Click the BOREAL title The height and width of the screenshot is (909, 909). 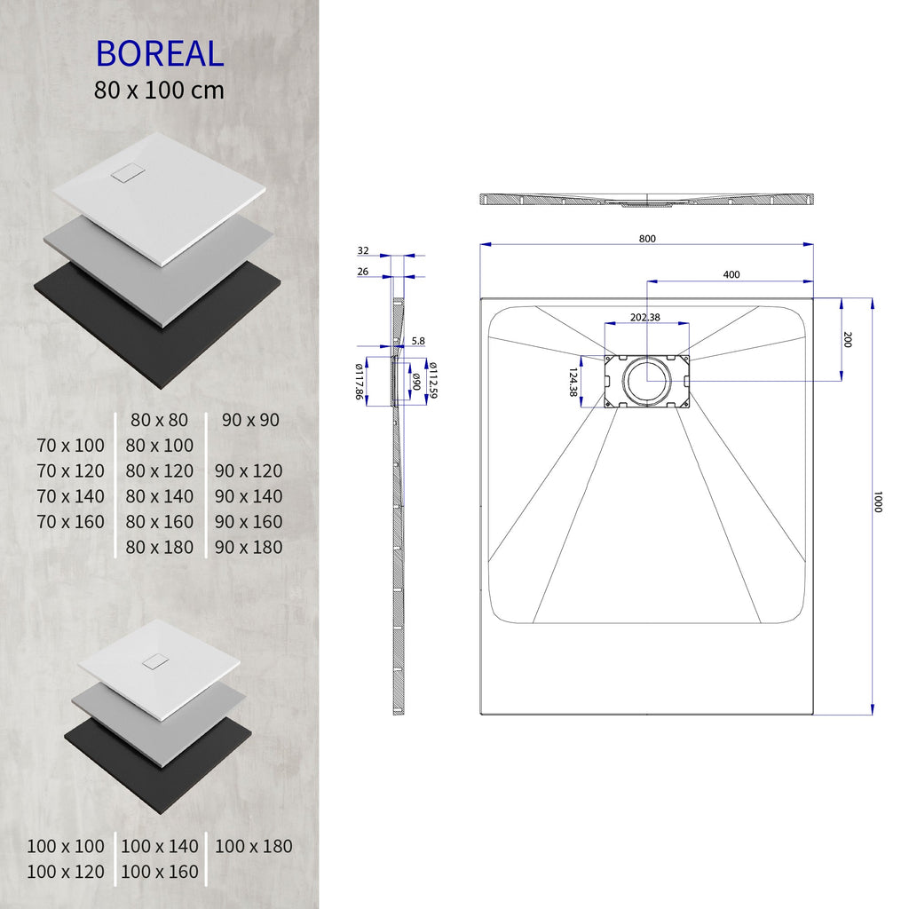[160, 53]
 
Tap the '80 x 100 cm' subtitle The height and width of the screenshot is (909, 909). [160, 90]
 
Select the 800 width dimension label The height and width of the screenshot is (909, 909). [647, 238]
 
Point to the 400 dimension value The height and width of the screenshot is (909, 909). [731, 274]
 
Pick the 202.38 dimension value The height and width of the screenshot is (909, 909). [645, 317]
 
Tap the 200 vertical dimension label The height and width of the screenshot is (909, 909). [848, 339]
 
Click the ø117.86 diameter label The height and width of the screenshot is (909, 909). [360, 382]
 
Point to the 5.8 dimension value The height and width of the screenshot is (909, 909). [419, 341]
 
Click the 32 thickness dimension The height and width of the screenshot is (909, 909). [363, 251]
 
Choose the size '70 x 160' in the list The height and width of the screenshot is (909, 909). [70, 521]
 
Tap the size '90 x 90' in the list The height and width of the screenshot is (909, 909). [250, 419]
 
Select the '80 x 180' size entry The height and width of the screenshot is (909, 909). [160, 547]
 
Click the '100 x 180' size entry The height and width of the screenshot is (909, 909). [254, 846]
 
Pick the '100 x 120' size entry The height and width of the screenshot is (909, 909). [66, 872]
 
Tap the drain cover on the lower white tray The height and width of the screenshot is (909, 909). [158, 661]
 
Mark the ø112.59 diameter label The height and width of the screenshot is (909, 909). [432, 380]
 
